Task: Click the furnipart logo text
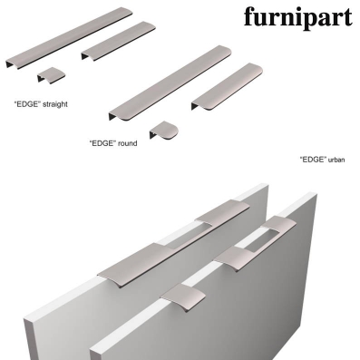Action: coord(298,17)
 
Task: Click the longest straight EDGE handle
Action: coord(69,38)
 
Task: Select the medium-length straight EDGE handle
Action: coord(119,41)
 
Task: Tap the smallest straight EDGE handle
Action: coord(52,75)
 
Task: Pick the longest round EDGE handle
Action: coord(170,83)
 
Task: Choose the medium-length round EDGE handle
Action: coord(227,87)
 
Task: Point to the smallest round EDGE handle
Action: coord(164,131)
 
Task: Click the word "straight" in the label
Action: coord(55,104)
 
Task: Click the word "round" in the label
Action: coord(127,143)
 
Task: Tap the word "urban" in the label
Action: coord(336,160)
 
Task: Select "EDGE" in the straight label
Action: coord(27,104)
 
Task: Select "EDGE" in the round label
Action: coord(102,143)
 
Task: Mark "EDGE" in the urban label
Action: coord(313,160)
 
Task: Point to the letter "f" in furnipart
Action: coord(249,16)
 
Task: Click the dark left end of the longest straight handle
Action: coord(10,64)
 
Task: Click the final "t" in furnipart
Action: coord(347,17)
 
